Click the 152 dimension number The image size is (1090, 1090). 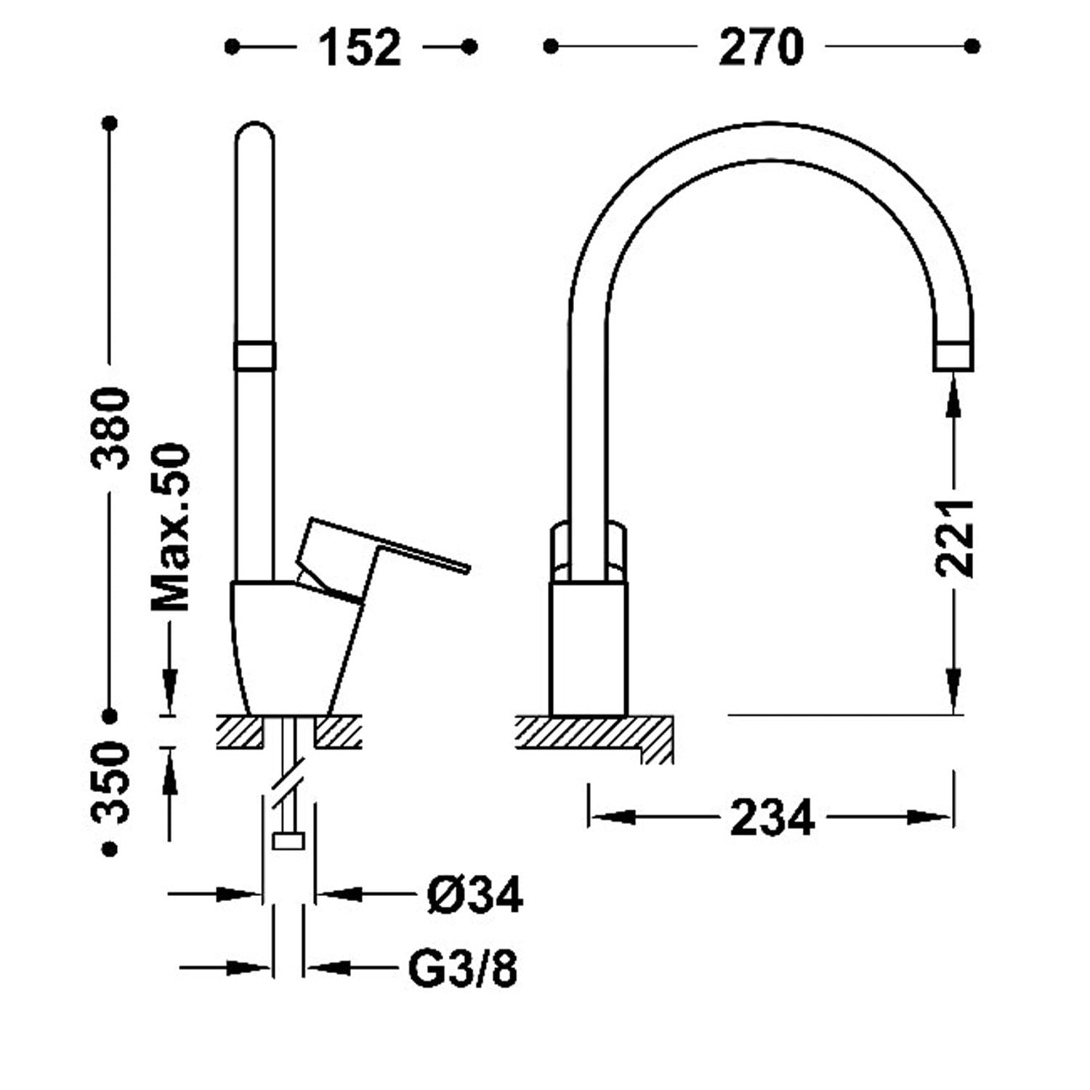point(360,48)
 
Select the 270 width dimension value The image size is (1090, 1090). point(761,48)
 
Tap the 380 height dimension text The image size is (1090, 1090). point(111,428)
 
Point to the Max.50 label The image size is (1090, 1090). point(171,528)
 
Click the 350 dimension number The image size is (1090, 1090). point(111,782)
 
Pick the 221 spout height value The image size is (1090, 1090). point(954,538)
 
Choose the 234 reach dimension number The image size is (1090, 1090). point(772,817)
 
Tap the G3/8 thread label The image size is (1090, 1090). point(464,968)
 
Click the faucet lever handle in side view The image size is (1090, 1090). point(378,556)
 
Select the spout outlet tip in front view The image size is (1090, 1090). point(953,355)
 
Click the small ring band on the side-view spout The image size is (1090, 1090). point(254,355)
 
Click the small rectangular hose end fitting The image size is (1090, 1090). point(288,841)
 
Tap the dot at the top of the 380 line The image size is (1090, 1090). point(110,124)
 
